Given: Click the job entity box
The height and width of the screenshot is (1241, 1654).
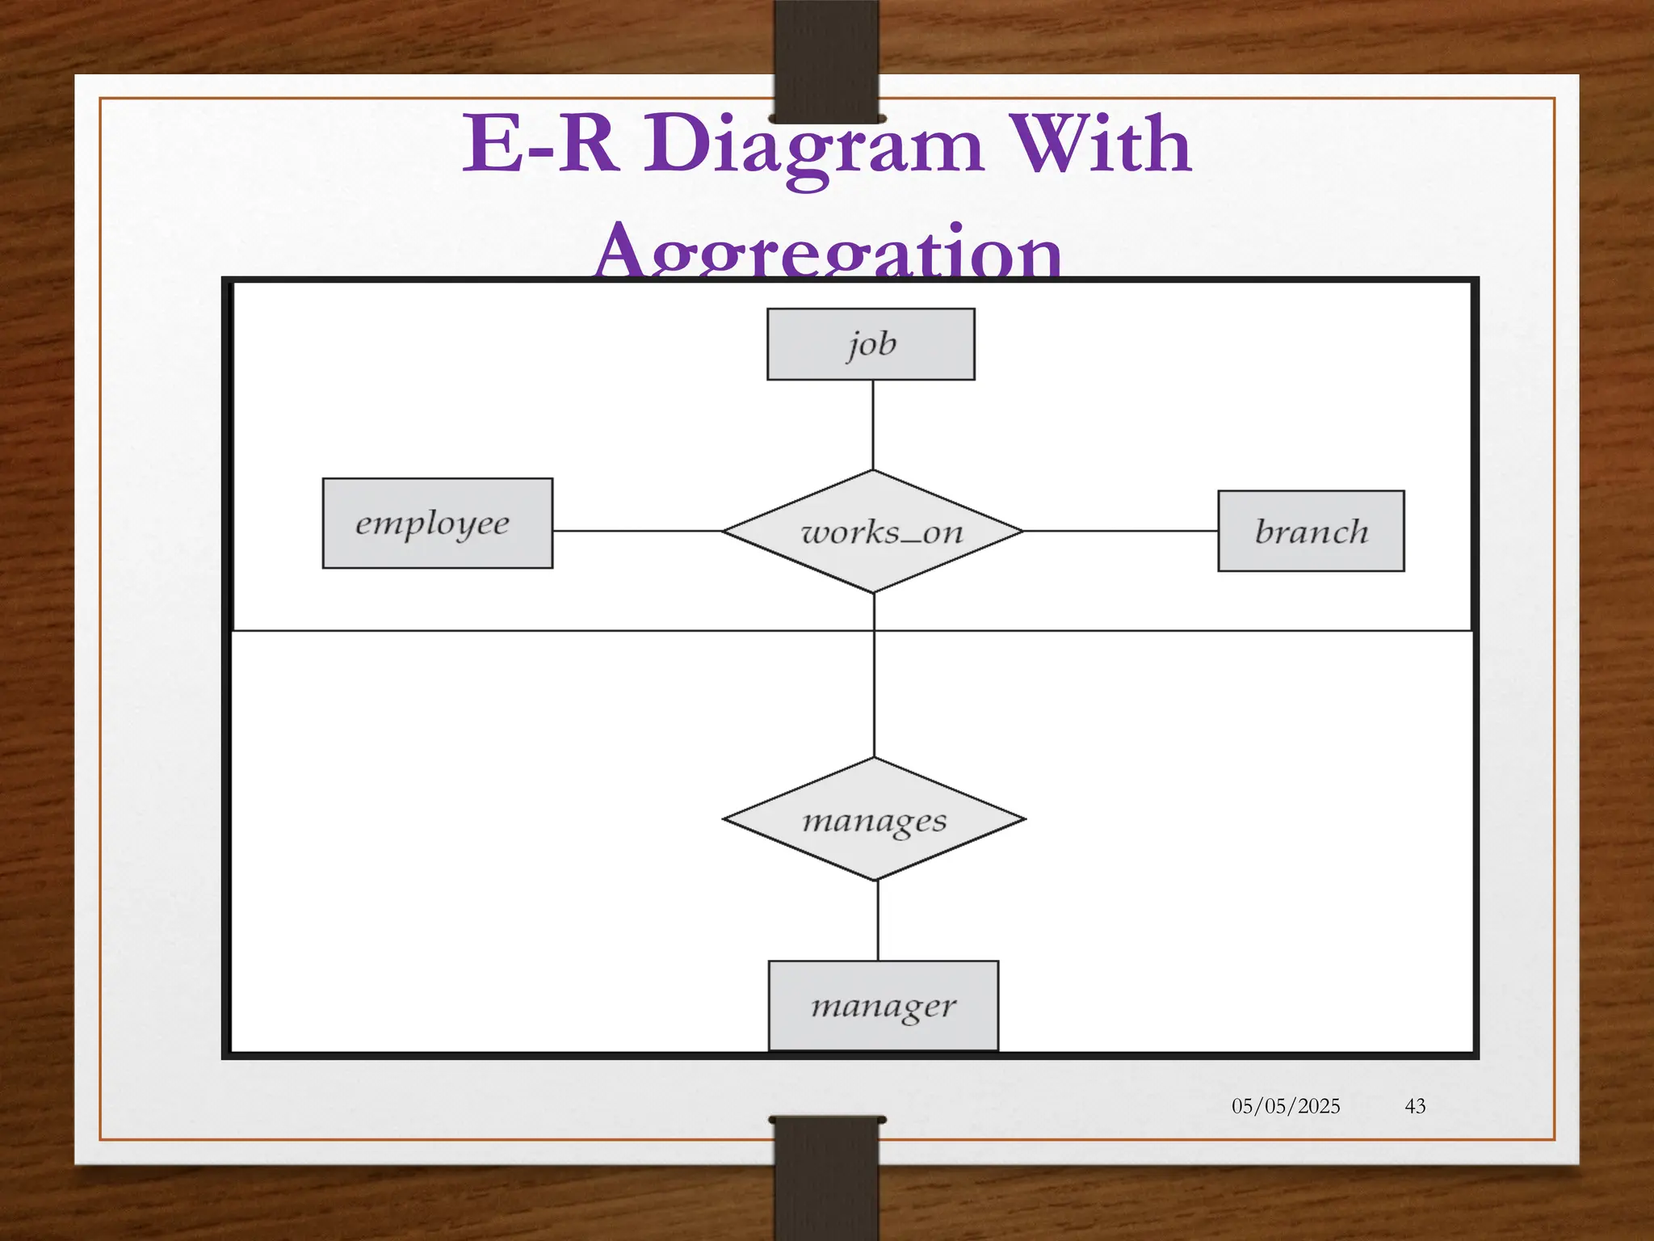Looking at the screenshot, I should click(871, 344).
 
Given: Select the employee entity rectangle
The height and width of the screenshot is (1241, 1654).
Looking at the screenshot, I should click(437, 524).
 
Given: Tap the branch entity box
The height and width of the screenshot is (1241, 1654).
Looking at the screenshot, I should click(1311, 531).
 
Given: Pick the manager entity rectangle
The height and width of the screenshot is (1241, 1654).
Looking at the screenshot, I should click(883, 1006).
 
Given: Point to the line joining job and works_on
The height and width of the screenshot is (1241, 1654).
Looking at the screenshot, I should click(873, 424).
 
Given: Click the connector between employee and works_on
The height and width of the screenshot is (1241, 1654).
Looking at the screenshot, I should click(638, 531).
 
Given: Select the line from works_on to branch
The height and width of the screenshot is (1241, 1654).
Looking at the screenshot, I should click(1121, 531).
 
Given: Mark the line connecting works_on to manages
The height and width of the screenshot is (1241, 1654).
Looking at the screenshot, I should click(874, 687).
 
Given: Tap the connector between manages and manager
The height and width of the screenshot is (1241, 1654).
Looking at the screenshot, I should click(878, 921).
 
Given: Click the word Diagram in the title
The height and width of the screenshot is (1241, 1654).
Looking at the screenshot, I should click(812, 145).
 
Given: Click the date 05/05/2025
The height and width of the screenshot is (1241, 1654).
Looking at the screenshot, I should click(1286, 1106).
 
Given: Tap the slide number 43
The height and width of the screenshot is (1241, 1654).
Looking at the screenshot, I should click(1415, 1106).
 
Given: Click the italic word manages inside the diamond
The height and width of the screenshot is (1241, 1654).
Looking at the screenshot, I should click(874, 822).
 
